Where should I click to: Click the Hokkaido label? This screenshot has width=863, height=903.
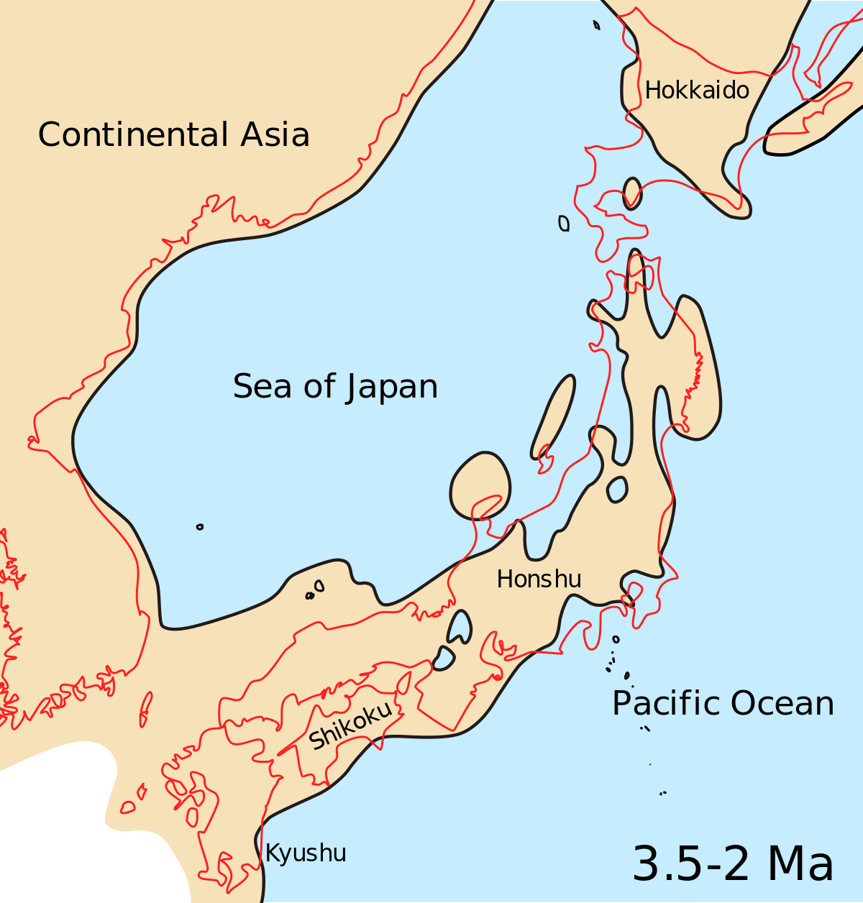tap(697, 91)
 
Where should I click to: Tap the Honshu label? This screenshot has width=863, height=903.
tap(539, 579)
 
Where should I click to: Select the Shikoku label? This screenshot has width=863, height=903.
tap(351, 725)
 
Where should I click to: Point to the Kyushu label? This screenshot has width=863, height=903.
tap(306, 853)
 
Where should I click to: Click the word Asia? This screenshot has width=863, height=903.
tap(275, 134)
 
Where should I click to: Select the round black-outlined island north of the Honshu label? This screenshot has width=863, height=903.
tap(480, 485)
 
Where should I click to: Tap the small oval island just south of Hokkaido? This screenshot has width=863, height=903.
tap(632, 193)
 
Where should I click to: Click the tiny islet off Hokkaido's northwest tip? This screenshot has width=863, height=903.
tap(596, 25)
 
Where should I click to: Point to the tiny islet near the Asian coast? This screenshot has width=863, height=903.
tap(200, 527)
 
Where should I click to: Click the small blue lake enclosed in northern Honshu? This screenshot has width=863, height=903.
tap(617, 490)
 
